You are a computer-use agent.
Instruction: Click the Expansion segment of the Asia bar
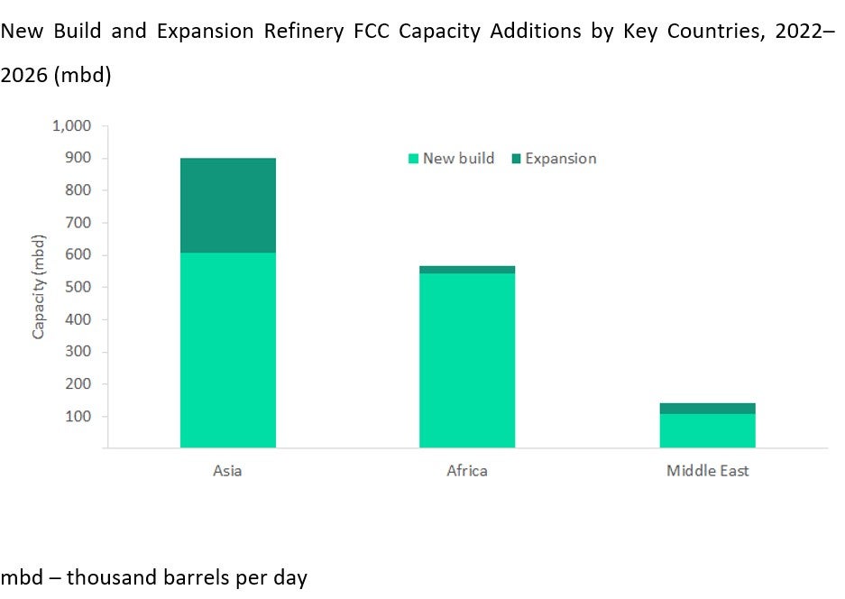pyautogui.click(x=227, y=205)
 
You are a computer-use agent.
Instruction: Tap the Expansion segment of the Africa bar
pyautogui.click(x=466, y=269)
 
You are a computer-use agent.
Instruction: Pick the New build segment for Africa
pyautogui.click(x=466, y=360)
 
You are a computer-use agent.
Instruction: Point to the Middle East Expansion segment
pyautogui.click(x=707, y=408)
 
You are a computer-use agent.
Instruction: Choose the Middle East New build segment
pyautogui.click(x=707, y=430)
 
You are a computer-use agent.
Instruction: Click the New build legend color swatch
pyautogui.click(x=413, y=159)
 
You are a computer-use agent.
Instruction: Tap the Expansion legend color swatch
pyautogui.click(x=517, y=159)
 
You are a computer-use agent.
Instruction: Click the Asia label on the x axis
pyautogui.click(x=227, y=471)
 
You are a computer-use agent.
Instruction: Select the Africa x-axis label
pyautogui.click(x=466, y=471)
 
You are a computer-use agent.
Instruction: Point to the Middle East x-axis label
pyautogui.click(x=707, y=471)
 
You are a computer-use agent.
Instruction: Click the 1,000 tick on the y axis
pyautogui.click(x=72, y=126)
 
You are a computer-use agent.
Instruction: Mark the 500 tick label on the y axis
pyautogui.click(x=78, y=287)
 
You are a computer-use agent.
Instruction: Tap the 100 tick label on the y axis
pyautogui.click(x=78, y=416)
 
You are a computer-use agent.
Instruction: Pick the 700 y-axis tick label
pyautogui.click(x=78, y=223)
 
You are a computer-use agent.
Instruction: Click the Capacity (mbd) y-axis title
pyautogui.click(x=39, y=287)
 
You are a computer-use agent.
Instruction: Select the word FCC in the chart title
pyautogui.click(x=375, y=32)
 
